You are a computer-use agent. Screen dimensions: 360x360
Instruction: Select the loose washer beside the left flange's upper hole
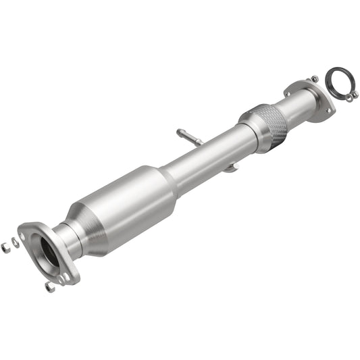tap(15, 240)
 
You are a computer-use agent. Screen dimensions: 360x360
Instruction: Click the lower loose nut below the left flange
tap(50, 287)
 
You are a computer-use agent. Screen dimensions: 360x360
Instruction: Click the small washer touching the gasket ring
tap(348, 97)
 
